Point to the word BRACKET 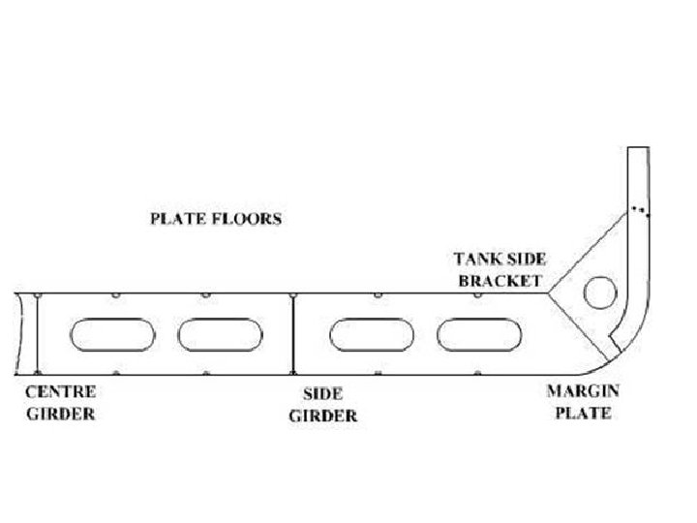point(501,281)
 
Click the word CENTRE point(60,393)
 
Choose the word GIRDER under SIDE point(323,416)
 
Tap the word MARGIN point(584,392)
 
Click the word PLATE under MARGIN point(584,414)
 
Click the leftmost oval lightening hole point(111,334)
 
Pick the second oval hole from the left point(219,334)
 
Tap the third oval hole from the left point(371,334)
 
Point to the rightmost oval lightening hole point(477,334)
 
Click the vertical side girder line point(292,333)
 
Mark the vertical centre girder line point(37,333)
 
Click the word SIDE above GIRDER point(322,395)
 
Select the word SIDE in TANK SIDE point(526,259)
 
